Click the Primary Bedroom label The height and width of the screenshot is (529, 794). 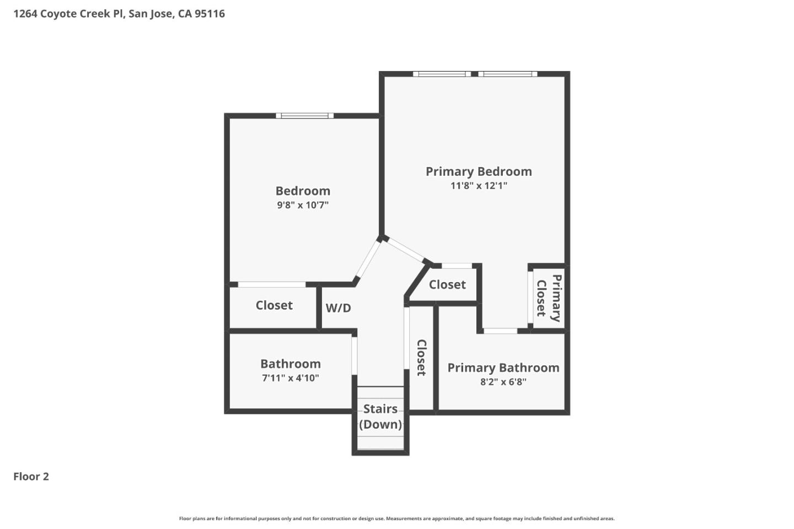coord(479,171)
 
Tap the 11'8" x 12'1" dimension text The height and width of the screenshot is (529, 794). coord(479,186)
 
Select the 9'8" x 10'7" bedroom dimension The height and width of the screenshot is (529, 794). coord(303,205)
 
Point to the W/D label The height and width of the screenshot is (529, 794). coord(338,308)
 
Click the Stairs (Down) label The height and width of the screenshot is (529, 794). coord(380,417)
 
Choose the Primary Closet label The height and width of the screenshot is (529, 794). coord(549,298)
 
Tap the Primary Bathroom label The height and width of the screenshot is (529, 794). coord(503,368)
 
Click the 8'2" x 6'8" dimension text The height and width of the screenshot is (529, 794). coord(503,382)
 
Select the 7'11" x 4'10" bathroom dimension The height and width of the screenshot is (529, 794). coord(290,378)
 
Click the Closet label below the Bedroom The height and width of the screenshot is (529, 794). coord(274,305)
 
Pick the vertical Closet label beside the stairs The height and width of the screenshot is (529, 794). coord(421,358)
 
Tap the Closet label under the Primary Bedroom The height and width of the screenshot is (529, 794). coord(447,285)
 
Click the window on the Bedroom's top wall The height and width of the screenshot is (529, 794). coord(304,116)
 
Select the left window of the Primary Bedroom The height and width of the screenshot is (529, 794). coord(442,74)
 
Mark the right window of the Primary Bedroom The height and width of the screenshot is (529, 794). coord(507,74)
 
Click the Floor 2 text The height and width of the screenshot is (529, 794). coord(31,477)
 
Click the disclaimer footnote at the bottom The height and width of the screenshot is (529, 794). coord(396,519)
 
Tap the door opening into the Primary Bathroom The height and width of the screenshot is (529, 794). coord(501,331)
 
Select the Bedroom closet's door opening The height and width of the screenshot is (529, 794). coord(272,284)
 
